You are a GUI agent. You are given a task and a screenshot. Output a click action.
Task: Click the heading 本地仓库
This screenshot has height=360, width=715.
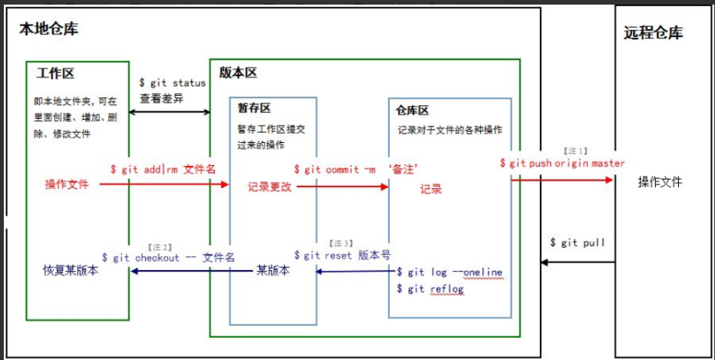(48, 30)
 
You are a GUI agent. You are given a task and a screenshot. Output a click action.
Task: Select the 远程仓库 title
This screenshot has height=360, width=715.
(653, 33)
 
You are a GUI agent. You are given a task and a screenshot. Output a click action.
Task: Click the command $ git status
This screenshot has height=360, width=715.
(172, 83)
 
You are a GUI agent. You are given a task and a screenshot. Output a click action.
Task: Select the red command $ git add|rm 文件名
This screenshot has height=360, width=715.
(162, 169)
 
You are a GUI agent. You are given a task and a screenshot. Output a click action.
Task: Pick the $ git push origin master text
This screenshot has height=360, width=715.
(562, 163)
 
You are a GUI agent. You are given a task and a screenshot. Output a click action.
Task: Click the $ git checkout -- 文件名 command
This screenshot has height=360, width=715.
(167, 257)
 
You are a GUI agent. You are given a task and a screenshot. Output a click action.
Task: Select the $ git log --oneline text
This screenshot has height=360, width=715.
(449, 272)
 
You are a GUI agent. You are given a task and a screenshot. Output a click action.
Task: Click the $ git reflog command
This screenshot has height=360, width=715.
(430, 288)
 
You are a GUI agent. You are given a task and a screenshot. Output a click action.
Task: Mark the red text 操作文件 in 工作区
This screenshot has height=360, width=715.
(67, 184)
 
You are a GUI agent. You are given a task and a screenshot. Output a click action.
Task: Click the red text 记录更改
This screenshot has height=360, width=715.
(269, 187)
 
